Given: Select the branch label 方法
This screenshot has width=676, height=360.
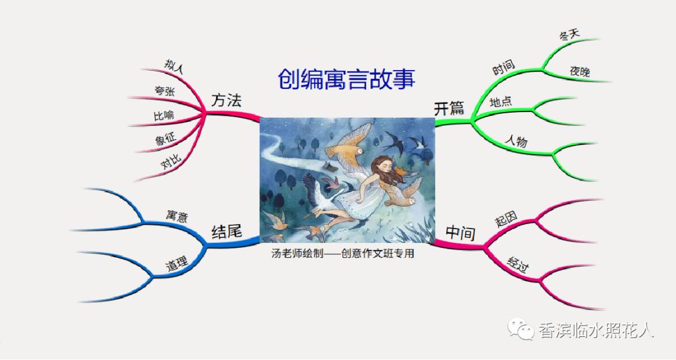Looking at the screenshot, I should point(226,100).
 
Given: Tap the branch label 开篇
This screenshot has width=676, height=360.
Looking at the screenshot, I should point(449,108).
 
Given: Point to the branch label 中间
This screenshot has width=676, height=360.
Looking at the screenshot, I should point(460,233).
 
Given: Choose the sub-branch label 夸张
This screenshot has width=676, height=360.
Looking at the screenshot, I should point(165,91).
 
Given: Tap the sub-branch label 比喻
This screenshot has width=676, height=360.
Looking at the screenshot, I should point(164,116).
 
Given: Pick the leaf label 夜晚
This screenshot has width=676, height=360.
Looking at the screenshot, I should point(580,71).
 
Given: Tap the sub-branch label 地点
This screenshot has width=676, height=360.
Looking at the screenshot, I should point(501,101).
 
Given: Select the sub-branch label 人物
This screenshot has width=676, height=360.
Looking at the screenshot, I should point(516,141).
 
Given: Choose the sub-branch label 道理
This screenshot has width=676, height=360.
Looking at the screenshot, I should point(177,264).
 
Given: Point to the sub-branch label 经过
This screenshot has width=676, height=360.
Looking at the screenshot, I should point(518,269).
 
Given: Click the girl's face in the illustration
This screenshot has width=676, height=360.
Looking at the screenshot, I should point(381,168).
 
